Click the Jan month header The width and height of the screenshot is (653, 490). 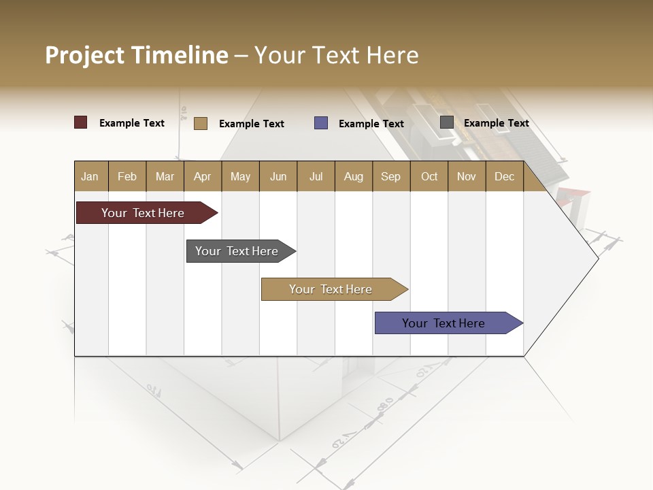(90, 176)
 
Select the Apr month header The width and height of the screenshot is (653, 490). (202, 176)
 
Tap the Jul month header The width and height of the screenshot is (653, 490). (316, 176)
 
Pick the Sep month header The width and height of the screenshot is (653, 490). (390, 176)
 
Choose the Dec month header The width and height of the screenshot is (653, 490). (504, 176)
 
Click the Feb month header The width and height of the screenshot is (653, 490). (127, 176)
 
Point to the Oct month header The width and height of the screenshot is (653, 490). (429, 176)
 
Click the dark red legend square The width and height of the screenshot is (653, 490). (81, 122)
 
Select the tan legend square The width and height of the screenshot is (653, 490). (201, 123)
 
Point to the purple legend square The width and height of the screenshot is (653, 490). (321, 123)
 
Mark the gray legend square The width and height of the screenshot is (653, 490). (447, 122)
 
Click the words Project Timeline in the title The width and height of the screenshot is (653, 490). (137, 55)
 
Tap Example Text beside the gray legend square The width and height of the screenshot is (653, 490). (496, 123)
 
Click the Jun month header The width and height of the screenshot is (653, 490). (278, 176)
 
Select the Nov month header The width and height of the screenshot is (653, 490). (467, 176)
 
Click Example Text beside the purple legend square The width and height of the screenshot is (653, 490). (371, 124)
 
